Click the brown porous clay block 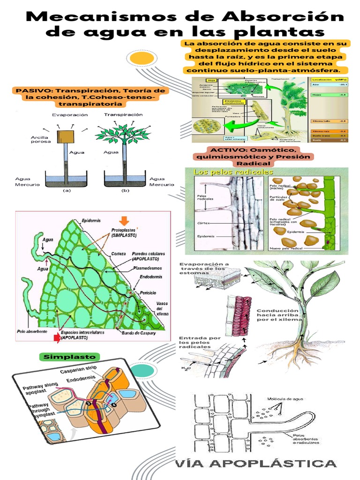pos(65,136)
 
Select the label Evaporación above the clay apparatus pos(70,114)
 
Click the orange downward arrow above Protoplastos pos(124,220)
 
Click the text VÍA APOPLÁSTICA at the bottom pos(256,464)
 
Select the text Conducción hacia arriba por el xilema pos(277,317)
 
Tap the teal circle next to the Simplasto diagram pos(139,370)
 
